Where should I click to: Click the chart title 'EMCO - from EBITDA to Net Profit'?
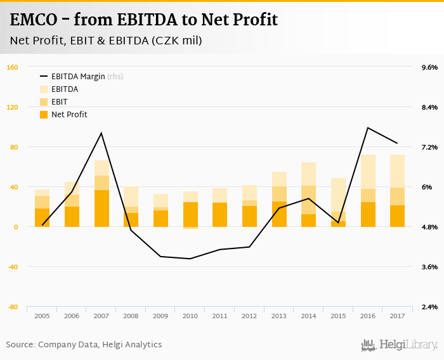click(x=144, y=20)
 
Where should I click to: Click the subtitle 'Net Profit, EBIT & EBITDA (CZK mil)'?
click(x=106, y=41)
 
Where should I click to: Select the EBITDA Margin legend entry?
click(x=77, y=77)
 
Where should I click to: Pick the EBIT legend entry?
click(x=60, y=102)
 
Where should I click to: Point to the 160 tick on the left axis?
click(x=12, y=67)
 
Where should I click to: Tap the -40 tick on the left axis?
click(x=12, y=267)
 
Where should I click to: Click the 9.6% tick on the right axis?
click(x=429, y=67)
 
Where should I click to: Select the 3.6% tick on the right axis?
click(x=429, y=267)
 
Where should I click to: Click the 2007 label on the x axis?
click(x=101, y=315)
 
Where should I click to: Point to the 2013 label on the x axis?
click(x=279, y=315)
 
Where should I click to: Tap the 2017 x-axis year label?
click(x=397, y=315)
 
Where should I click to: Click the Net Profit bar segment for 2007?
click(x=101, y=209)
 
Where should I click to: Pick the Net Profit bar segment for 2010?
click(x=190, y=214)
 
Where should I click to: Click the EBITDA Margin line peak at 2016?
click(x=368, y=128)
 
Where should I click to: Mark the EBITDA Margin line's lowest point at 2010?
click(x=190, y=259)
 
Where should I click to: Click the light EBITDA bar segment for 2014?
click(x=308, y=174)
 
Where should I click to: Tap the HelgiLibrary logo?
click(x=400, y=345)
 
